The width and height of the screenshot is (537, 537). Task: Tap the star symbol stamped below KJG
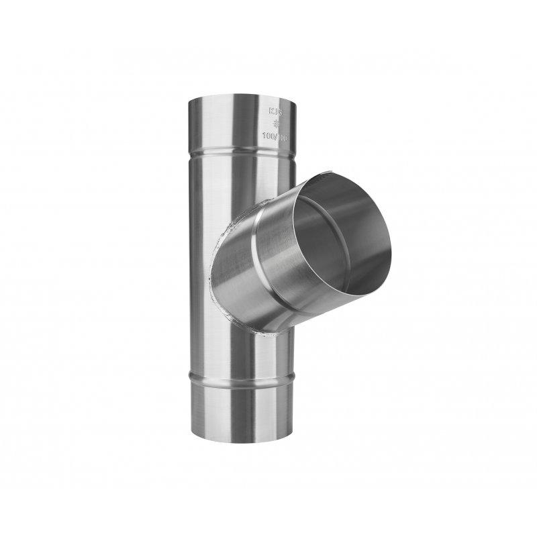pyautogui.click(x=277, y=124)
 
